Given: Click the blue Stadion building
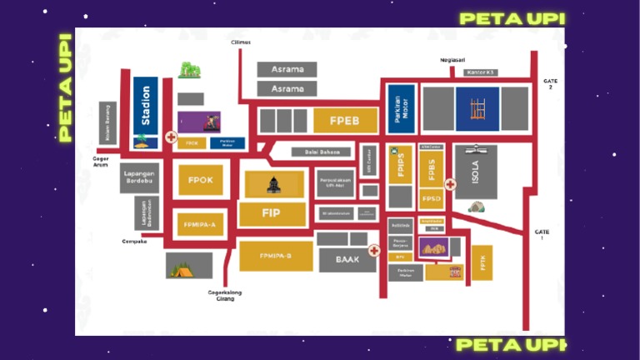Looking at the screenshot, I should (146, 112).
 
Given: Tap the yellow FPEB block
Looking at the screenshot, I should (345, 121).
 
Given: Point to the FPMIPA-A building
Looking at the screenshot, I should (200, 224).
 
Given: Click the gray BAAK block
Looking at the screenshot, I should (347, 259).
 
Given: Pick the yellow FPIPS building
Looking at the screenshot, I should (400, 164).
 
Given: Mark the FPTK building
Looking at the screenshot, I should (482, 262).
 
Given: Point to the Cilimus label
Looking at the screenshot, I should (241, 42).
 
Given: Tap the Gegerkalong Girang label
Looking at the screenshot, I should (222, 295).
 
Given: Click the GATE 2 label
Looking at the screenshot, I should (549, 83).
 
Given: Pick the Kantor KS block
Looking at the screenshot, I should (481, 72).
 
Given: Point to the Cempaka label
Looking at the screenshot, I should (134, 242).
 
